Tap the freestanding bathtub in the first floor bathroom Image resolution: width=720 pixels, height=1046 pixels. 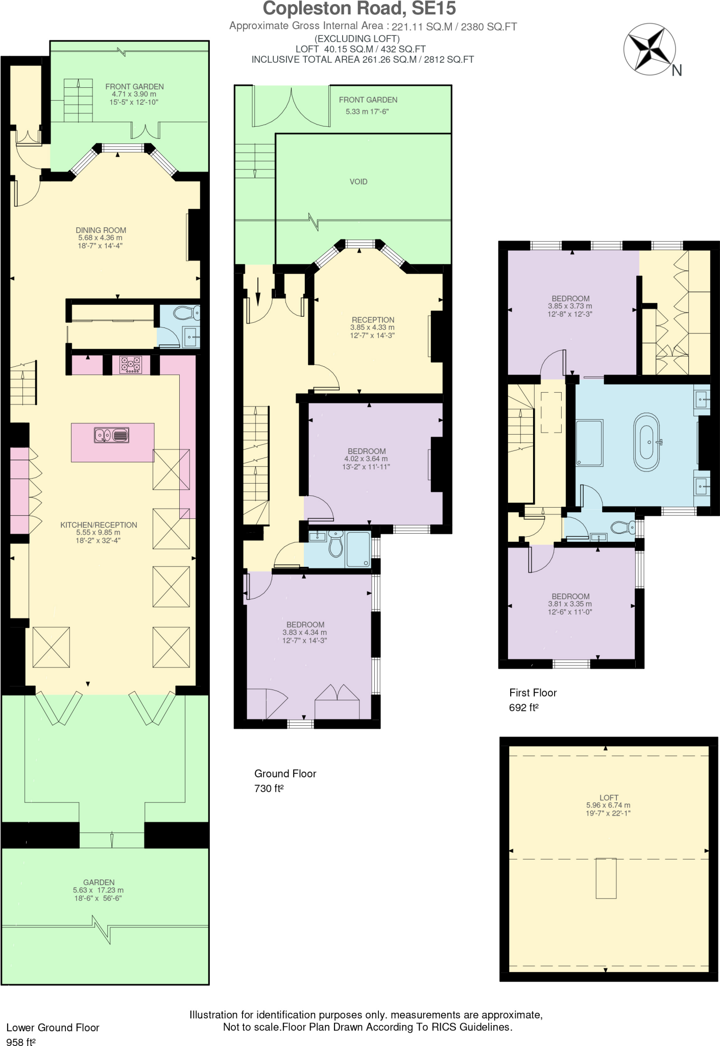click(x=646, y=442)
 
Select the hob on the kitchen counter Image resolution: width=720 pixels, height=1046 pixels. click(x=130, y=365)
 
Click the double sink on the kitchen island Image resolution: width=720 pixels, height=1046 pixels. click(x=112, y=435)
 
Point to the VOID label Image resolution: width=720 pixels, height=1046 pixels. click(x=358, y=182)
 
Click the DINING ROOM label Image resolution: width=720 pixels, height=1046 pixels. click(x=101, y=230)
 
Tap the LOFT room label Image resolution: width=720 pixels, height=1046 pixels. click(x=609, y=797)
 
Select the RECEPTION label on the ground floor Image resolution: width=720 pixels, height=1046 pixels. click(x=373, y=320)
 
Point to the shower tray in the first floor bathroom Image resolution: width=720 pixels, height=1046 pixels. click(x=589, y=442)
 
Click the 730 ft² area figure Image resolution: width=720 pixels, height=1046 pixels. click(x=269, y=788)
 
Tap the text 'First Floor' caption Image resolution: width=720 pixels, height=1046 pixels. click(x=533, y=693)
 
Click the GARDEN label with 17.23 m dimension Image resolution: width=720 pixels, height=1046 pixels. click(x=99, y=882)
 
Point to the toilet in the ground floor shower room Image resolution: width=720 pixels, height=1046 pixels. click(x=335, y=544)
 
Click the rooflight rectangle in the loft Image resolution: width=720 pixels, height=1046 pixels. click(x=606, y=878)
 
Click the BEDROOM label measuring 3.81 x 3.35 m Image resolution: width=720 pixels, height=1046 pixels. click(x=570, y=596)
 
